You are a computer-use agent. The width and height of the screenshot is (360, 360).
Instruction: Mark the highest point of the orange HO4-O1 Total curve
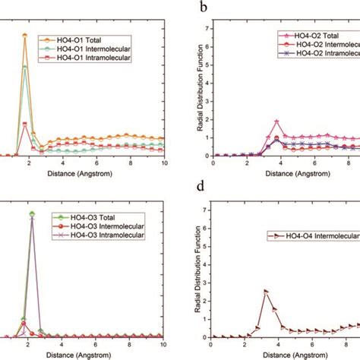click(25, 35)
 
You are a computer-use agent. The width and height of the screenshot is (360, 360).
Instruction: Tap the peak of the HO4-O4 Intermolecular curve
click(266, 291)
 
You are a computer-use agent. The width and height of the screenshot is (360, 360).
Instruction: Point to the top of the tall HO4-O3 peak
click(31, 213)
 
